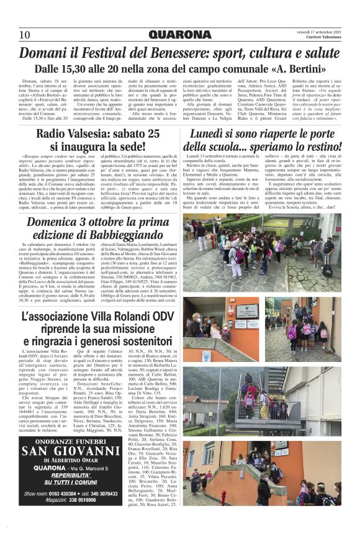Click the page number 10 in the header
pos(25,34)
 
